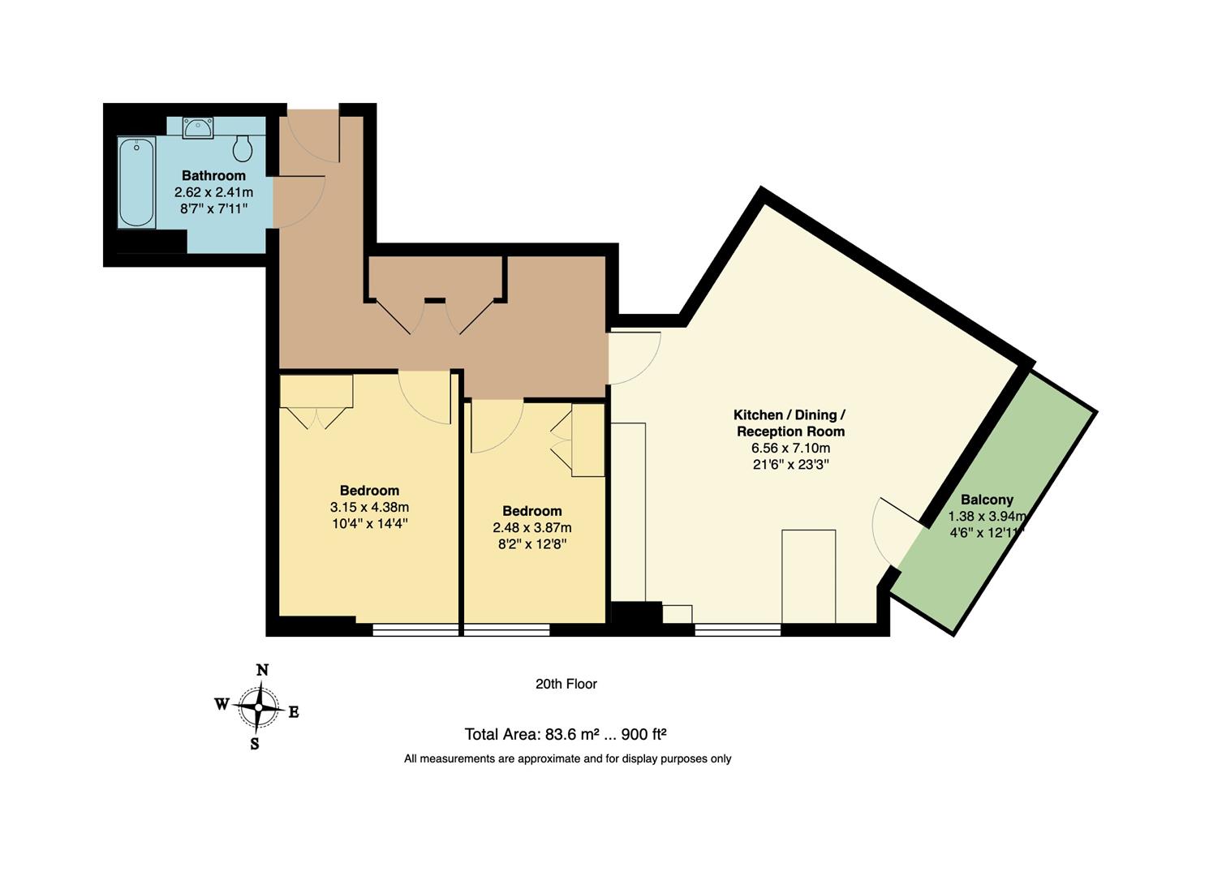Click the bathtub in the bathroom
coord(136,182)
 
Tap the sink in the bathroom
coord(198,127)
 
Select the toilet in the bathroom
coord(242,148)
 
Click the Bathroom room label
coord(213,175)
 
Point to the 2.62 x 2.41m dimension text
coord(213,192)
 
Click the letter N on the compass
coord(262,670)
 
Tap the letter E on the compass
coord(294,712)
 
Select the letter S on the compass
coord(255,744)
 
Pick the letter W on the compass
coord(222,704)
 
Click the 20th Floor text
coord(566,684)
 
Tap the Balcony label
coord(987,500)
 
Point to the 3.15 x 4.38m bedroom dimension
coord(369,507)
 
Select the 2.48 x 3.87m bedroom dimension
coord(532,527)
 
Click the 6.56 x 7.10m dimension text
coord(790,448)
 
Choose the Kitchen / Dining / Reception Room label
coord(790,423)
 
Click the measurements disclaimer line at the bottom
coord(567,759)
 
